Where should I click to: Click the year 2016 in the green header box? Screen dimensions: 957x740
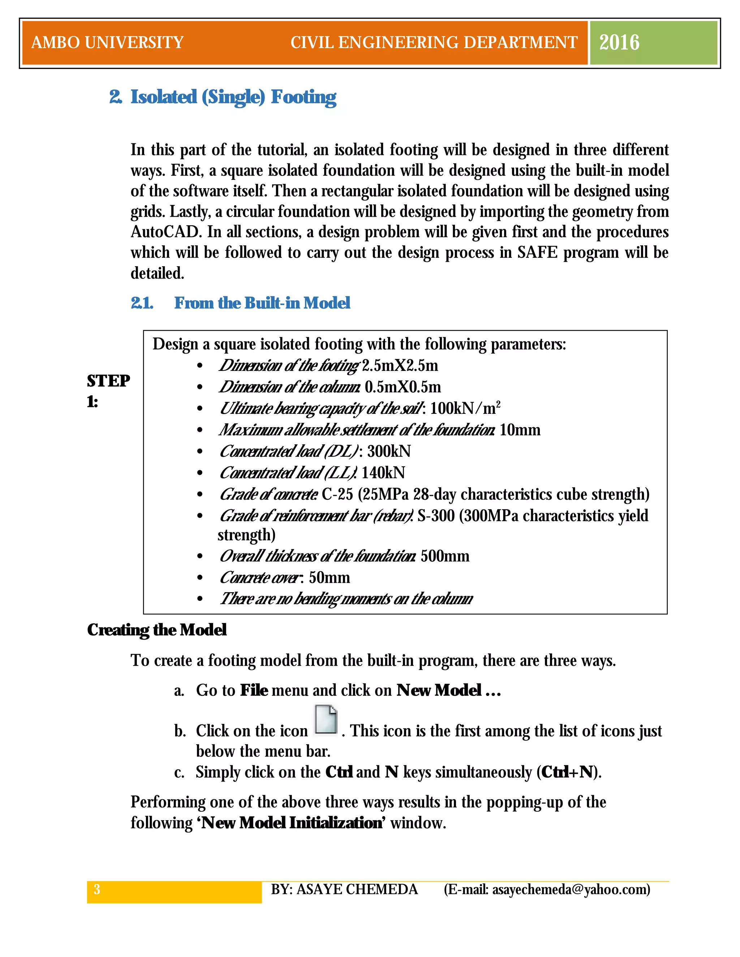click(x=619, y=43)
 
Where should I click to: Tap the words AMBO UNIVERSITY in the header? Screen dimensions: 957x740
click(x=107, y=43)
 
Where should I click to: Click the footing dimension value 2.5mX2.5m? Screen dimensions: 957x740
click(x=400, y=365)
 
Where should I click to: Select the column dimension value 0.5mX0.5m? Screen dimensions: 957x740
click(x=403, y=387)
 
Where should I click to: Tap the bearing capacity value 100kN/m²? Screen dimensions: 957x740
click(x=465, y=408)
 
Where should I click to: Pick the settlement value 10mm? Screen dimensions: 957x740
click(x=520, y=430)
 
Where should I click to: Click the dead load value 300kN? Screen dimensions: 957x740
click(x=389, y=451)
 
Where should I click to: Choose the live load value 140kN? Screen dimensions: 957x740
click(x=383, y=473)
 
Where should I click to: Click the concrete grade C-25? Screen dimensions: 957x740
click(x=337, y=494)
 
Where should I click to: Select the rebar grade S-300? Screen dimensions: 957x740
click(x=436, y=516)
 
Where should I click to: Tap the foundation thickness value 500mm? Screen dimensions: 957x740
click(x=444, y=556)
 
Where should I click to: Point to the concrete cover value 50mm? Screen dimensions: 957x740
click(x=329, y=577)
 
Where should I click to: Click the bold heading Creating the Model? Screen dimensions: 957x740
click(x=156, y=630)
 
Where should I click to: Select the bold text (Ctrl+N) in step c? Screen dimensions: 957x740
click(x=569, y=772)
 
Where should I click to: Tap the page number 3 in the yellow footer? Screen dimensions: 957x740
click(x=97, y=889)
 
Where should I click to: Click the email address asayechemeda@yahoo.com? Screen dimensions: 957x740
click(x=570, y=889)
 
